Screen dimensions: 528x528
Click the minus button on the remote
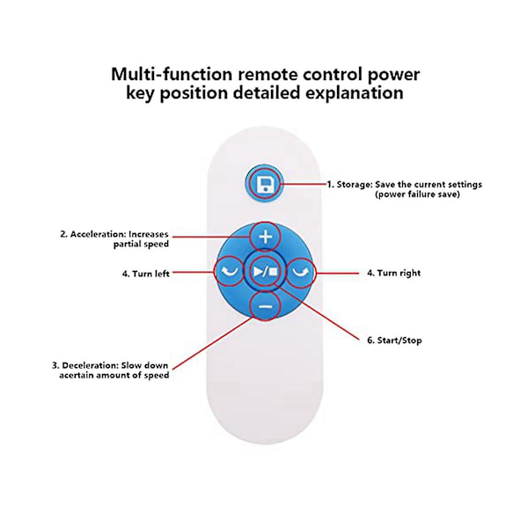[x=266, y=305]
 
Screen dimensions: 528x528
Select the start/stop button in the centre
[x=266, y=271]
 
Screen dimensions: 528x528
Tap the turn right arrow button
[x=301, y=271]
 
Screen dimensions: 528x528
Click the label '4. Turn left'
[x=146, y=274]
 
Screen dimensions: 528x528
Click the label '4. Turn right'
[x=393, y=273]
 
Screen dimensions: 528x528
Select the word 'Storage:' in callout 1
[x=354, y=185]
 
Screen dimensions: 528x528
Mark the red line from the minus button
[x=211, y=338]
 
